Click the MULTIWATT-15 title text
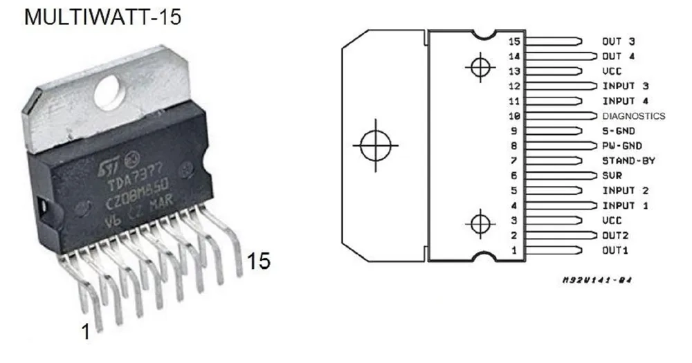103,17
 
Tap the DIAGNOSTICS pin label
634,116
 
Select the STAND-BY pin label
629,160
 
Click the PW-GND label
622,146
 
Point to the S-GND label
619,131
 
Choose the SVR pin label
612,176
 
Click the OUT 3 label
619,41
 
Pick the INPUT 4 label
626,101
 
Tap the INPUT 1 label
626,205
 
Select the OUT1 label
615,250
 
